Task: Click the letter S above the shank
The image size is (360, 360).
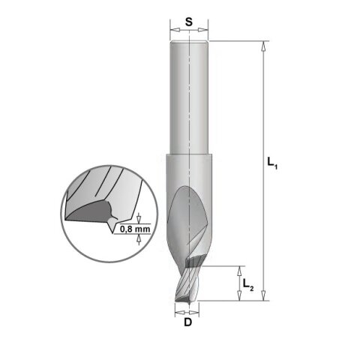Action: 189,22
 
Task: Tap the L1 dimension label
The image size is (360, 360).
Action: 272,163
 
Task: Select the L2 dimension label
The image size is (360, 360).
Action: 248,284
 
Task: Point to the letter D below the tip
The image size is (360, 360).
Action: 188,322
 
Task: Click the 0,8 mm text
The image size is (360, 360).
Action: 135,229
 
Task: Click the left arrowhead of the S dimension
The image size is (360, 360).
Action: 176,30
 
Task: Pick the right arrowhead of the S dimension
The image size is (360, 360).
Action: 202,30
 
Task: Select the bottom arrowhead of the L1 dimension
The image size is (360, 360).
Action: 263,295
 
